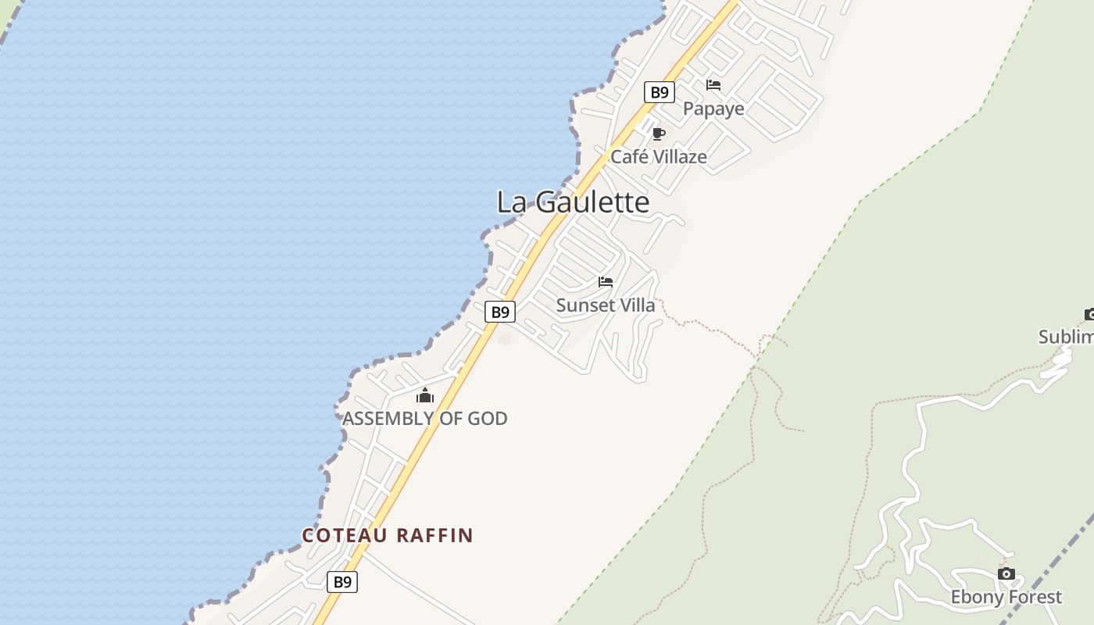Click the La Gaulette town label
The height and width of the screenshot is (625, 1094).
573,202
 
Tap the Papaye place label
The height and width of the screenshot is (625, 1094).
713,109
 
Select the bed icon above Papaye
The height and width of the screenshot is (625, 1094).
713,85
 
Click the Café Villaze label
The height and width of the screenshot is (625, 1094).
658,157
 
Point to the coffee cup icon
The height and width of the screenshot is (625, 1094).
659,134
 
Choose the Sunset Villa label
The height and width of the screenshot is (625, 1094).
606,305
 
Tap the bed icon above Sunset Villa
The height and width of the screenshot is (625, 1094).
606,282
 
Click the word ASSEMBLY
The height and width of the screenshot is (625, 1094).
388,419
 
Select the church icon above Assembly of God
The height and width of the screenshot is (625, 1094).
425,396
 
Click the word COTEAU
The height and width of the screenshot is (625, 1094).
345,536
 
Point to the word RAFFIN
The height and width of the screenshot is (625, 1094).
434,536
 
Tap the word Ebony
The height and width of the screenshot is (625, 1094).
975,598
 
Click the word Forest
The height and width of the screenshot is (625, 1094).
1034,598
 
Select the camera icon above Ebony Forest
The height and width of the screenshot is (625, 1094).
1006,574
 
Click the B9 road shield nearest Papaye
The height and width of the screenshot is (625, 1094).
660,92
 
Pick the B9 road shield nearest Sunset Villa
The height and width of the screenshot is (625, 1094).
500,312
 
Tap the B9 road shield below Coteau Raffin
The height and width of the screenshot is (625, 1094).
342,582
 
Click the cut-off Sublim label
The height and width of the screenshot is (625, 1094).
1066,337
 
